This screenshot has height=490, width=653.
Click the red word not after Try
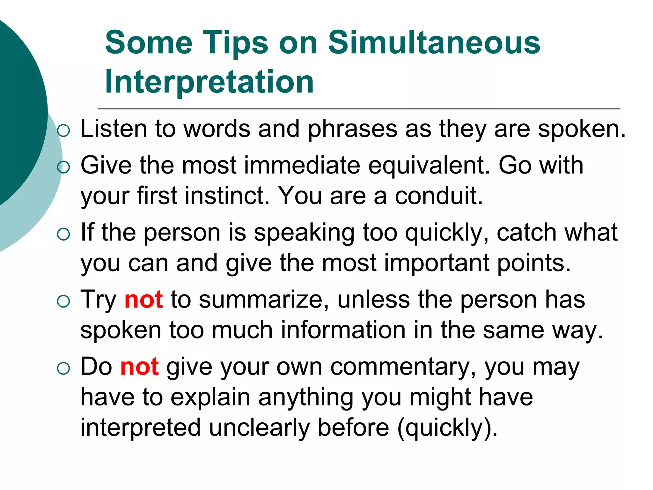click(x=144, y=300)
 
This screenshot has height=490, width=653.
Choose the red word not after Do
click(x=139, y=367)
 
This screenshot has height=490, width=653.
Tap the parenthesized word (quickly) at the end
click(x=447, y=428)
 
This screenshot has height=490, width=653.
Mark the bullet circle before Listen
click(x=63, y=131)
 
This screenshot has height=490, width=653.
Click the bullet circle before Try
click(x=63, y=301)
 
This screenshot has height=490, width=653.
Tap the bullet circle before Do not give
click(x=63, y=369)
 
